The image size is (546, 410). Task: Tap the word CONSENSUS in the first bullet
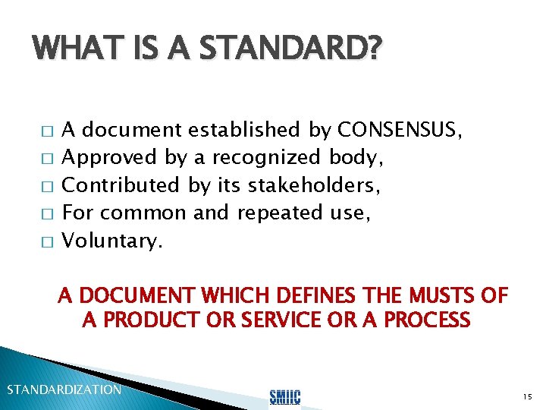click(x=397, y=130)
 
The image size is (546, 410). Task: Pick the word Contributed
click(x=120, y=184)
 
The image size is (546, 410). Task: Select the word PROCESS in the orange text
click(x=427, y=320)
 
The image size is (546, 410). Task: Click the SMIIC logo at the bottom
click(x=285, y=396)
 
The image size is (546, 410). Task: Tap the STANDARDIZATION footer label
click(x=64, y=389)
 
